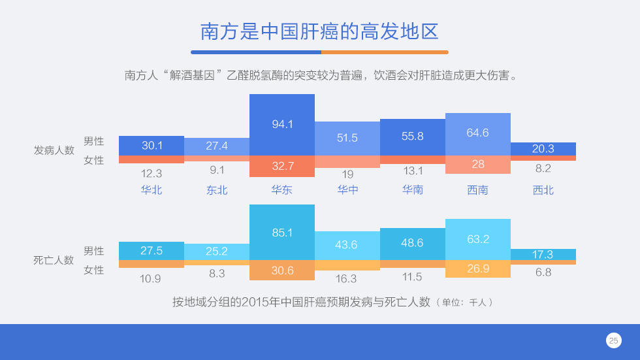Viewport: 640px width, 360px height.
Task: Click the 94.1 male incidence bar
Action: click(x=282, y=125)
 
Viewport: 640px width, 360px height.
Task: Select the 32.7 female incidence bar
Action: click(x=282, y=166)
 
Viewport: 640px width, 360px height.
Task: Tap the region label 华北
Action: click(x=152, y=189)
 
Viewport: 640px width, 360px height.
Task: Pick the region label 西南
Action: click(x=477, y=189)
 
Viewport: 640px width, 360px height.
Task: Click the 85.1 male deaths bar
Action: click(x=282, y=232)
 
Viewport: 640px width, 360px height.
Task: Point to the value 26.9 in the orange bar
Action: click(x=478, y=269)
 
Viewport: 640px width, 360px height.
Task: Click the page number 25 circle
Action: click(x=613, y=340)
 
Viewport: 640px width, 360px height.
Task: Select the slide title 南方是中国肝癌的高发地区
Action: click(x=319, y=31)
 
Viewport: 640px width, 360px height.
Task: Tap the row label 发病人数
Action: click(x=54, y=150)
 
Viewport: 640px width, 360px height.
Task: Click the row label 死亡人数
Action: click(x=54, y=260)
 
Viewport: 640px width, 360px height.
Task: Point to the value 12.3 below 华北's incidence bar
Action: click(x=152, y=174)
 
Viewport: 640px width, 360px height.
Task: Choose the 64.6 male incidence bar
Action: click(x=478, y=135)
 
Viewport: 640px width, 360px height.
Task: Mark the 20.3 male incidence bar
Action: click(x=543, y=149)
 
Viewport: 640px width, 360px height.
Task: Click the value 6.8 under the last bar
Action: click(x=543, y=272)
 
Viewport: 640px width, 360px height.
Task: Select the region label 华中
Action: click(x=347, y=189)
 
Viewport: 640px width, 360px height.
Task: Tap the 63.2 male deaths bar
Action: click(x=478, y=240)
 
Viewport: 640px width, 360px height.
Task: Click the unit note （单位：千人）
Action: click(x=465, y=303)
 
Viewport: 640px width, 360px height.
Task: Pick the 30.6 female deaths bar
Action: click(x=282, y=270)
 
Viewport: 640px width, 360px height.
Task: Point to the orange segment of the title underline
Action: click(x=385, y=52)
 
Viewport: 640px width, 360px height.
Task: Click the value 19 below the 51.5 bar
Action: click(x=347, y=174)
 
